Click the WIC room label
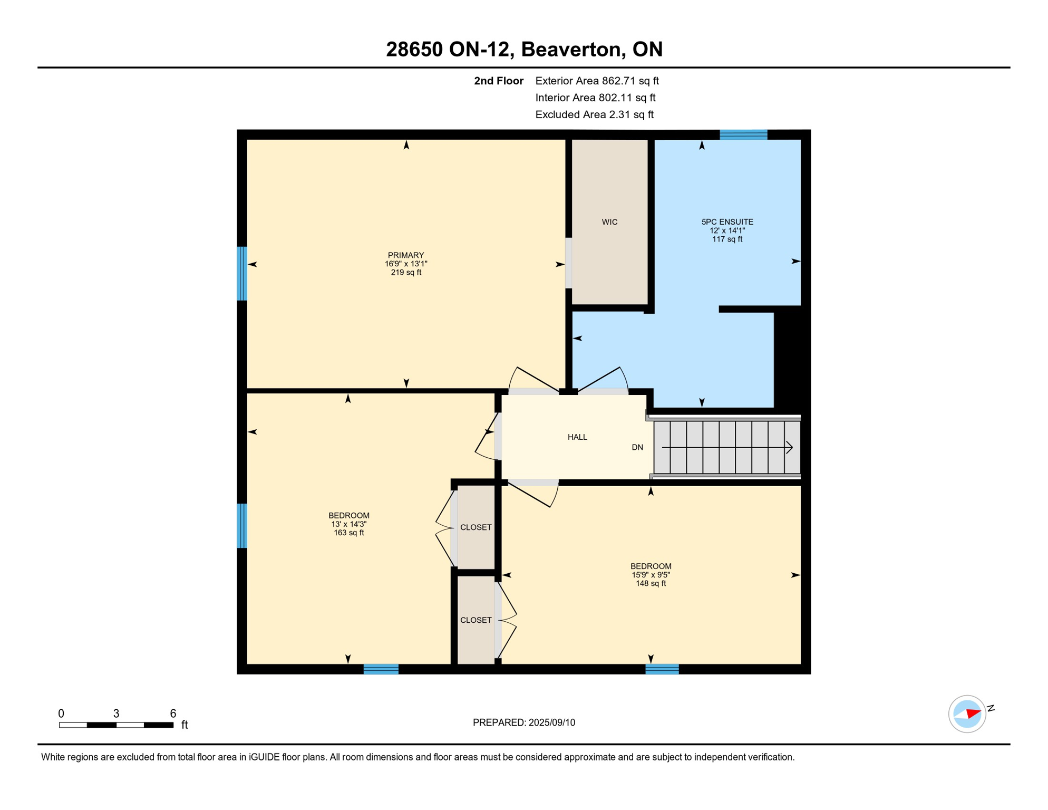tap(609, 222)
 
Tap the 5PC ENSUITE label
tap(727, 222)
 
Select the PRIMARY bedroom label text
tap(405, 255)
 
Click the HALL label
tap(577, 437)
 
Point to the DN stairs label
tap(637, 447)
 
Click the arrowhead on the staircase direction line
tap(790, 448)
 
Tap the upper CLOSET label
tap(476, 527)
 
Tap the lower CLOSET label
tap(476, 620)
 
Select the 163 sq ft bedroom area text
tap(348, 533)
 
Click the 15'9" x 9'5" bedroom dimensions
tap(651, 575)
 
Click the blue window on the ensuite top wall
tap(743, 134)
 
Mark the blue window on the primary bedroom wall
tap(242, 273)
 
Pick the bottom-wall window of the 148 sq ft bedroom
tap(662, 669)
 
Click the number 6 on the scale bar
tap(173, 713)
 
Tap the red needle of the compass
tap(973, 713)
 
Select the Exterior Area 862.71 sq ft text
tap(597, 81)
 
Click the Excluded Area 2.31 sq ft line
tap(594, 114)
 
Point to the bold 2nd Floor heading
tap(498, 81)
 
